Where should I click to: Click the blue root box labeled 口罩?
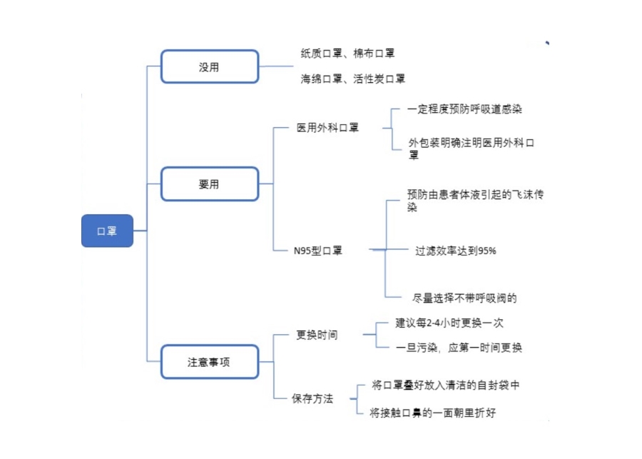[107, 231]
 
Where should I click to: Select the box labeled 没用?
[210, 66]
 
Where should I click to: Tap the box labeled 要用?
[210, 184]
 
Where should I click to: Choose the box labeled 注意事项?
[210, 362]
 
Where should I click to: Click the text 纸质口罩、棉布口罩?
[347, 54]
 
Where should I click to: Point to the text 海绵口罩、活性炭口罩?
[353, 79]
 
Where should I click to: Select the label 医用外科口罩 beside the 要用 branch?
[327, 128]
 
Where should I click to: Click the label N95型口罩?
[317, 251]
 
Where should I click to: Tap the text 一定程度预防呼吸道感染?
[464, 109]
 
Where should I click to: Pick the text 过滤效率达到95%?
[456, 251]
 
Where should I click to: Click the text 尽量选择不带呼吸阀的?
[464, 298]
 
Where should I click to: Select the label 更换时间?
[317, 335]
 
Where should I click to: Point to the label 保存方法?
[312, 398]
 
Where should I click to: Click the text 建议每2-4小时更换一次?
[449, 323]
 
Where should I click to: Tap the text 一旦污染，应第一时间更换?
[459, 348]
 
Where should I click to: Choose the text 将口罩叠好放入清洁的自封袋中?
[445, 385]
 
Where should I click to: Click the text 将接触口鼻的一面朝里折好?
[433, 413]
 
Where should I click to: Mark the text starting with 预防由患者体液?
[475, 201]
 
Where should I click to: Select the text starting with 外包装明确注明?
[472, 148]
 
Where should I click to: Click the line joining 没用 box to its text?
[276, 66]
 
